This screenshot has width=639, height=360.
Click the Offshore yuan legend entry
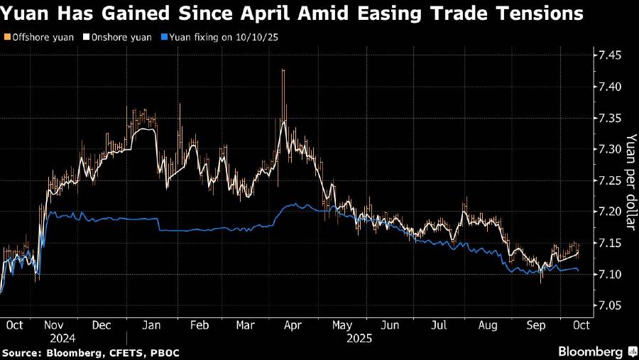40,36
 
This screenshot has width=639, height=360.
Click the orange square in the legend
6,36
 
